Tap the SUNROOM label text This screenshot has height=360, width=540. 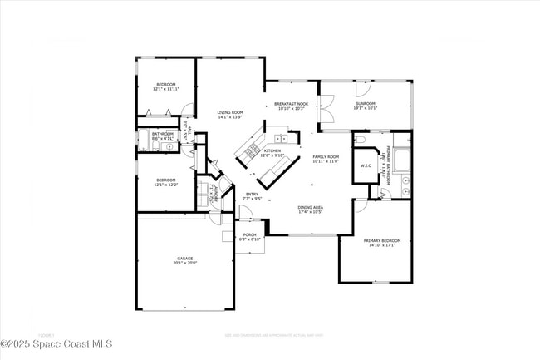click(x=365, y=104)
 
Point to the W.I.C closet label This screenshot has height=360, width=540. click(x=366, y=165)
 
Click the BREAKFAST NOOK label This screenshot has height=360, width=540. click(x=290, y=104)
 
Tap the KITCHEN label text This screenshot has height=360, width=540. click(x=272, y=151)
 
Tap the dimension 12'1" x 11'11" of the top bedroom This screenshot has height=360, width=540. click(x=167, y=88)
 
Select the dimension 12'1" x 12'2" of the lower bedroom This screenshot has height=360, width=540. click(x=166, y=185)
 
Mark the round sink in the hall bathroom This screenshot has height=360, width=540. click(x=169, y=146)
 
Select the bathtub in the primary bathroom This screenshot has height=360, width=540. click(x=401, y=157)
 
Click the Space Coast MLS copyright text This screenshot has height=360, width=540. click(x=56, y=343)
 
